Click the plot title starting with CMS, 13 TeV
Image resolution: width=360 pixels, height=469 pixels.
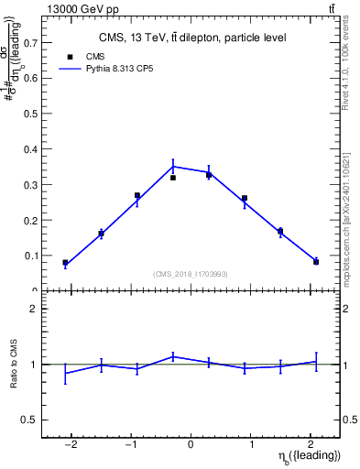[x=192, y=38]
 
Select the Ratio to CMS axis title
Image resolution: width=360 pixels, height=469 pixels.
[x=14, y=365]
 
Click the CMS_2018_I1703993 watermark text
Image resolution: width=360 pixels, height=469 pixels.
[x=191, y=273]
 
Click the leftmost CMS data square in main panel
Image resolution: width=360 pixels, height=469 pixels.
[x=65, y=263]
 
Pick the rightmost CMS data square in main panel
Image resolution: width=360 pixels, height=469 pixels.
[x=316, y=262]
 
